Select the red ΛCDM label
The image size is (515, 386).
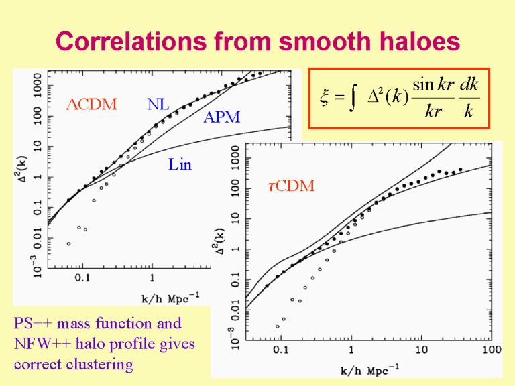(x=91, y=105)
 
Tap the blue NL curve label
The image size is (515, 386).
(x=158, y=105)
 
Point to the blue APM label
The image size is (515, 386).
(x=221, y=119)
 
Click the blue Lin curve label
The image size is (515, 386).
(x=180, y=164)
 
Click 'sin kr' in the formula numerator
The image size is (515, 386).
(x=435, y=86)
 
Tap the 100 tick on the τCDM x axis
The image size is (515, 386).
(x=492, y=350)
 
